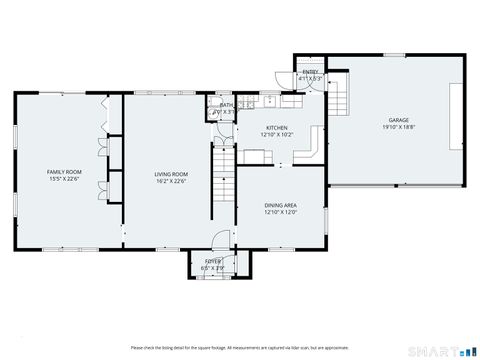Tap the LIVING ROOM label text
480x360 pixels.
[x=170, y=174]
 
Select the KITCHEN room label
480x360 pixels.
[x=276, y=127]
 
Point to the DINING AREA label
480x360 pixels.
[x=280, y=205]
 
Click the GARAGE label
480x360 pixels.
[x=397, y=121]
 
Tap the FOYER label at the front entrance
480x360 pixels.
[x=212, y=262]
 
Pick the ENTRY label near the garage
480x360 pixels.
[x=309, y=73]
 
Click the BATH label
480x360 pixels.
[x=227, y=105]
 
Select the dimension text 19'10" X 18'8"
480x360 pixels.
[x=397, y=128]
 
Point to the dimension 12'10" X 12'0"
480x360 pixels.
[x=280, y=212]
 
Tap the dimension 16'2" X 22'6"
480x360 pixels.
[x=170, y=181]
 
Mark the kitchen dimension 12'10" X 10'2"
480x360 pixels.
[x=276, y=134]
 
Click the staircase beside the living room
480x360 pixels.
[x=222, y=180]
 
